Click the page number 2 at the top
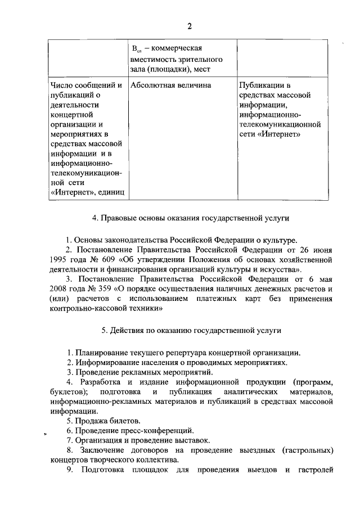(x=190, y=26)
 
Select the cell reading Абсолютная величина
(x=170, y=85)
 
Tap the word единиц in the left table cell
(x=109, y=193)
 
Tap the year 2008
(x=59, y=290)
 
